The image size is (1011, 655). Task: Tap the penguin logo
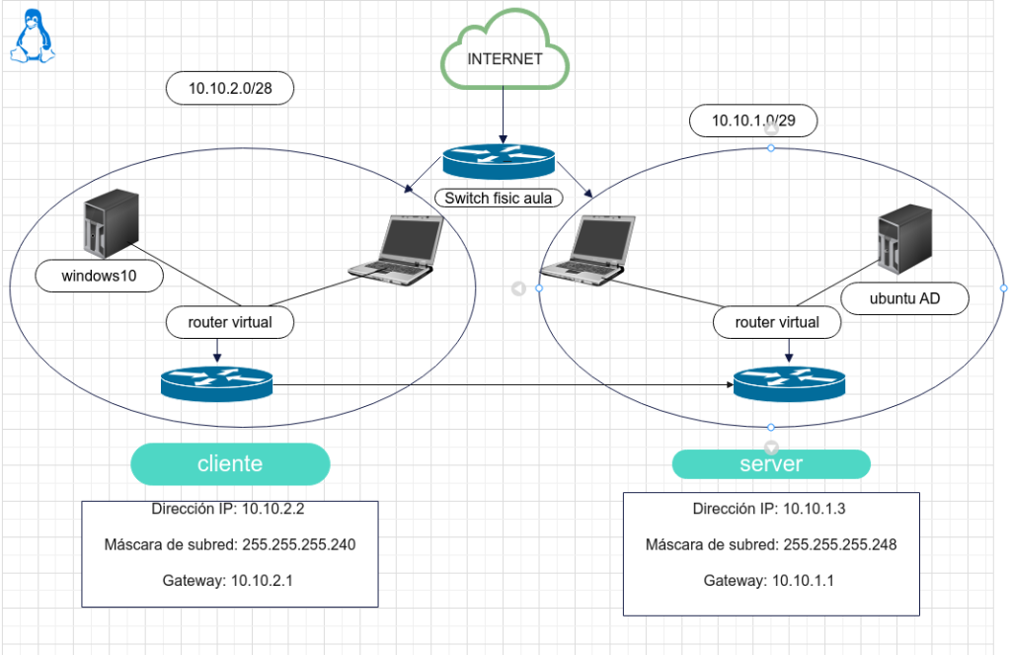tap(33, 39)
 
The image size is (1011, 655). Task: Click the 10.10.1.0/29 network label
tap(754, 121)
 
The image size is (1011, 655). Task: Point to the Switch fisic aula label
tap(499, 198)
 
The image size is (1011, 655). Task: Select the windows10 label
tap(99, 277)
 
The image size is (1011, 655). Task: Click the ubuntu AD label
tap(904, 298)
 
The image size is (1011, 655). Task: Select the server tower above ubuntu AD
tap(904, 239)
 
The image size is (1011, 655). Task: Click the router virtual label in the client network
tap(231, 321)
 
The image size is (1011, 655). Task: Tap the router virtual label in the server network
tap(777, 322)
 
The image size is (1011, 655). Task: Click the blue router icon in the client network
tap(215, 382)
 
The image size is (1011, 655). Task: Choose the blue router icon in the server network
tap(789, 382)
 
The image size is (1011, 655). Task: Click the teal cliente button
tap(230, 464)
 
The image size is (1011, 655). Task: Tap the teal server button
tap(771, 464)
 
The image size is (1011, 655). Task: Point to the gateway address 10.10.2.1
tap(263, 580)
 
